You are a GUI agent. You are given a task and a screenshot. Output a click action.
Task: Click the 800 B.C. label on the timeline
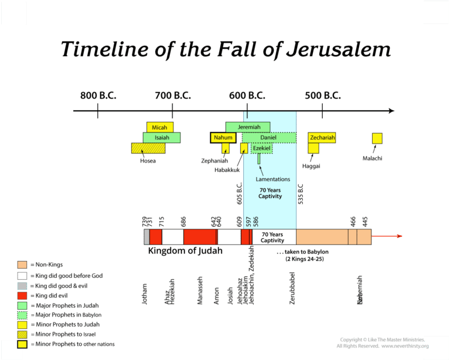click(x=98, y=96)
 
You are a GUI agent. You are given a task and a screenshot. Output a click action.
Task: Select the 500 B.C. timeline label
click(x=323, y=96)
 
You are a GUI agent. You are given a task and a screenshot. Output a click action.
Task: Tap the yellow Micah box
click(x=159, y=127)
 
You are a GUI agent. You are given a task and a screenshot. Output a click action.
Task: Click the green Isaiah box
click(x=161, y=137)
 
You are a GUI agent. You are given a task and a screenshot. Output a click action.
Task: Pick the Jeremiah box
click(x=248, y=127)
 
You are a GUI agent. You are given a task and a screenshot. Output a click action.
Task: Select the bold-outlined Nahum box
click(x=223, y=138)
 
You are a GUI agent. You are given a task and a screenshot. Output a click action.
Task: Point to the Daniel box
click(x=268, y=138)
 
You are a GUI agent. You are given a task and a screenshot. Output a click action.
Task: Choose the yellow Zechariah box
click(x=322, y=138)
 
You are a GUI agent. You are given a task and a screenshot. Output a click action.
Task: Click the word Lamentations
click(x=274, y=179)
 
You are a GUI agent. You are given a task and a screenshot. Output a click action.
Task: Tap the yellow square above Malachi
click(x=377, y=138)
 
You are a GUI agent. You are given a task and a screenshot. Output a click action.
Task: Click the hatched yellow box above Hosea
click(x=148, y=149)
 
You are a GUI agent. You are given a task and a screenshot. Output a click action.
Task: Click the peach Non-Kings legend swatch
click(x=22, y=265)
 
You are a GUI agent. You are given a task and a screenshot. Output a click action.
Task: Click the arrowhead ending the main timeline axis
click(x=391, y=110)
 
